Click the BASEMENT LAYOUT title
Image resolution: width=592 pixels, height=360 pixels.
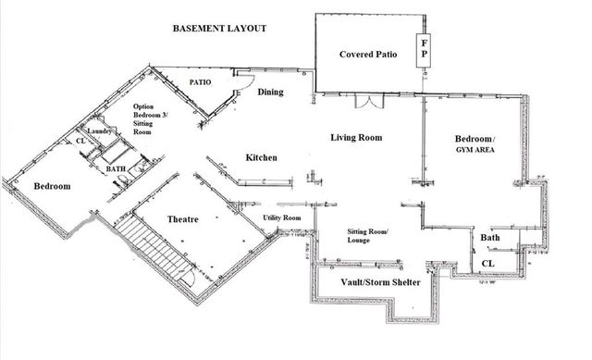[220, 29]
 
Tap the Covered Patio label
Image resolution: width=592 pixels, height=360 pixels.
[368, 55]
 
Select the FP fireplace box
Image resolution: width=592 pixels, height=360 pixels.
[424, 48]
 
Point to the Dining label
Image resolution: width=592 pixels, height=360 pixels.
[270, 92]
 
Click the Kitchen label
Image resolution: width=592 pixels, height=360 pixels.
[261, 158]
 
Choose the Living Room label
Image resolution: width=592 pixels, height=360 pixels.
[356, 138]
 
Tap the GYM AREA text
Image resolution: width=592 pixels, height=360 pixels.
[477, 148]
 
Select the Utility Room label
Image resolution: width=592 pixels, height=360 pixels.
[282, 217]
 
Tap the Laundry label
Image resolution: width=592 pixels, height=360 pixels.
[100, 132]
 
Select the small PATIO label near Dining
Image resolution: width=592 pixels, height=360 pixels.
[201, 81]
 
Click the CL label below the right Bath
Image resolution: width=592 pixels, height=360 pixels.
[487, 264]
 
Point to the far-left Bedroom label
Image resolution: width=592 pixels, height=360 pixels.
[52, 186]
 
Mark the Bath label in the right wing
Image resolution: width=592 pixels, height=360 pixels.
[490, 238]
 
